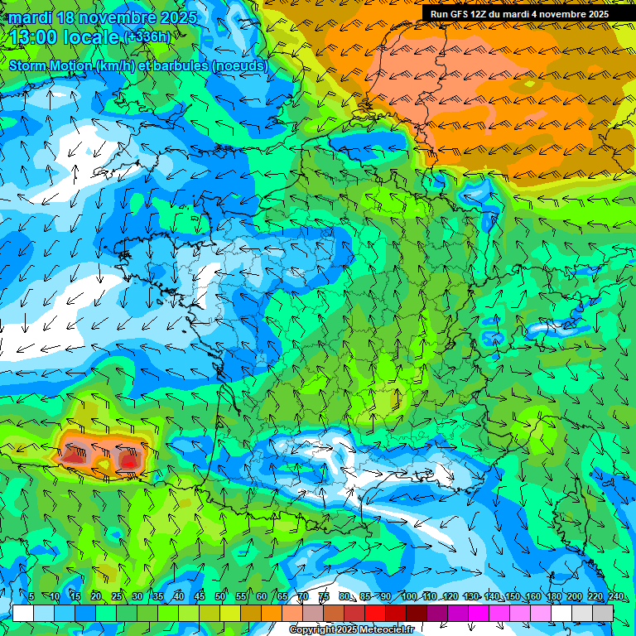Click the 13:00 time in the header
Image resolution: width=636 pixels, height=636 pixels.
tap(36, 37)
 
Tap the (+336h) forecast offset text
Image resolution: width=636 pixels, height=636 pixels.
tap(147, 36)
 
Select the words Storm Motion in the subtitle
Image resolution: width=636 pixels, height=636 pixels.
tap(51, 65)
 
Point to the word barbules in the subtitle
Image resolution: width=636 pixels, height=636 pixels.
tap(174, 65)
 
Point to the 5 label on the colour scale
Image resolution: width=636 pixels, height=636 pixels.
tap(31, 597)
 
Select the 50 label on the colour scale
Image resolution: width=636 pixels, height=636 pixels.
tap(220, 597)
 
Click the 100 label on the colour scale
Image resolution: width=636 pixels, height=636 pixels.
tap(408, 597)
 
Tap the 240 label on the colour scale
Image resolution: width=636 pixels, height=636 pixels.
tap(616, 597)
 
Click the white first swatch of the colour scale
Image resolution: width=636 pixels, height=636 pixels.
tap(23, 613)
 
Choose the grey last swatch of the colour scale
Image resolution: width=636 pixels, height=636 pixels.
tap(603, 613)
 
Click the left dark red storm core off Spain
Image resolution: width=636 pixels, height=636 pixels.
tap(75, 454)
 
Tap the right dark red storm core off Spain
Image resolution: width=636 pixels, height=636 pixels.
tap(130, 458)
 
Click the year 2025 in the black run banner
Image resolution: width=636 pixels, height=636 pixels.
tap(595, 14)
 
